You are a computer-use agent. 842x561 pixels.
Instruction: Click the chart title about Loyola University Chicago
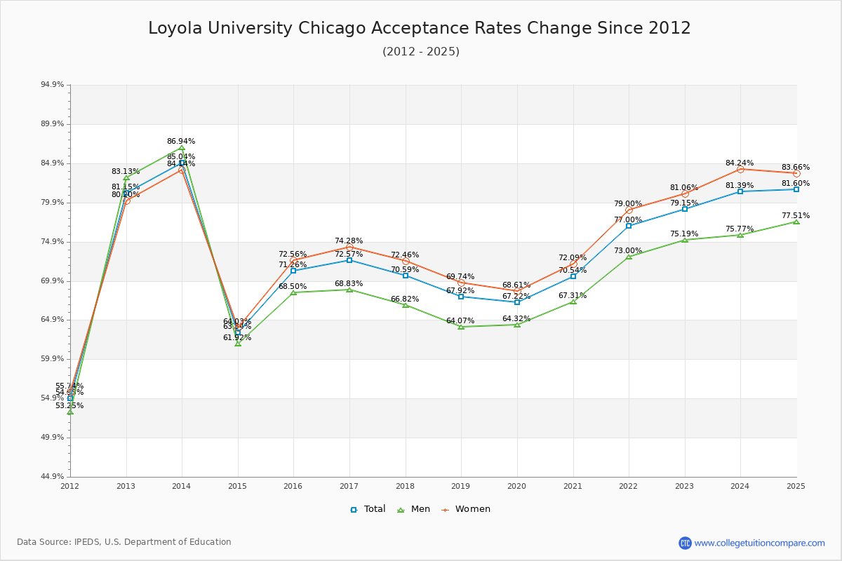point(420,29)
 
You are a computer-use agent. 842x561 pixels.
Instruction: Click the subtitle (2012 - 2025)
point(421,52)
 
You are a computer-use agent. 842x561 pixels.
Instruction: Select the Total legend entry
point(368,509)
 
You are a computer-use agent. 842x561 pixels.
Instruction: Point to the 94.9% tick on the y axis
point(53,85)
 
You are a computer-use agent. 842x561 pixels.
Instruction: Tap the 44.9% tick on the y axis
point(53,477)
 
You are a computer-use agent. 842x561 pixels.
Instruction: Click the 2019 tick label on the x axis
point(461,485)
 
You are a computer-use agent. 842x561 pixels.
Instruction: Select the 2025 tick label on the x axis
point(796,485)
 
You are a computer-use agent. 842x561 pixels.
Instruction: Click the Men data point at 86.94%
point(182,149)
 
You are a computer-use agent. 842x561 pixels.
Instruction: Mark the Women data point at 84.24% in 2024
point(740,169)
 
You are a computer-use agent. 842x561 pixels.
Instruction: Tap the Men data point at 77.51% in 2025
point(796,222)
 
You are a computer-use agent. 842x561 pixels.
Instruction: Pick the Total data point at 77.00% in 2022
point(629,226)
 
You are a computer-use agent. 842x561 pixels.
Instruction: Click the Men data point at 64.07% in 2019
point(461,327)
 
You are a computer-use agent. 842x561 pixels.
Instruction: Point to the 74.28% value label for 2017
point(349,241)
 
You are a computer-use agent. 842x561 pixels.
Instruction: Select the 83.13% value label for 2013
point(126,172)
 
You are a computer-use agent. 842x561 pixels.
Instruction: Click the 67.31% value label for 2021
point(573,296)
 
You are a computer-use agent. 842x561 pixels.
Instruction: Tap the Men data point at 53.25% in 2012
point(70,412)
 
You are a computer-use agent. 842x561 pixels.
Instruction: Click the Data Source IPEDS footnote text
point(124,542)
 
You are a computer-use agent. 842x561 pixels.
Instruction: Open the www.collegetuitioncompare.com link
point(759,543)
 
